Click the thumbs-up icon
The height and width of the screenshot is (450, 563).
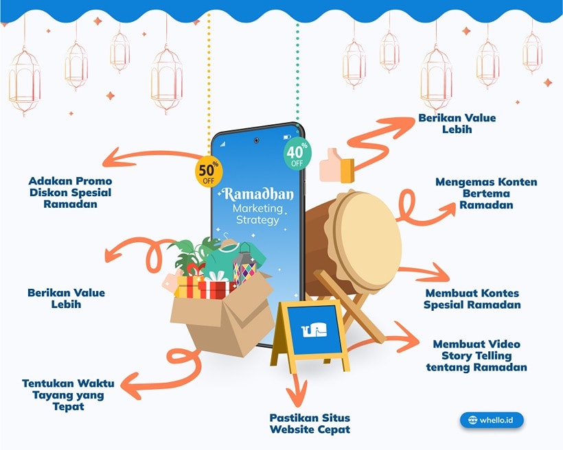336,165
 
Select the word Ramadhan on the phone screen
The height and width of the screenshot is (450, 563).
258,195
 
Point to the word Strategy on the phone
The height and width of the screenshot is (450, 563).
256,220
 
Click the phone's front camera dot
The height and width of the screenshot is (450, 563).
256,140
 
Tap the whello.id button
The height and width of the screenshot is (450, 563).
496,419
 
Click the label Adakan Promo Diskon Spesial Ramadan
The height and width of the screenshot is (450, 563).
70,193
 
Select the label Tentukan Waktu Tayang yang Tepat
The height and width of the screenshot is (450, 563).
68,394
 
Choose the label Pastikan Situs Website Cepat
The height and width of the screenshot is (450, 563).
310,423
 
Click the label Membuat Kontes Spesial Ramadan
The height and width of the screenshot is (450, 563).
472,299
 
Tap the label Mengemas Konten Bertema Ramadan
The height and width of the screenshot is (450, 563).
486,193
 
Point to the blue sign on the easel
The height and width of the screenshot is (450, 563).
314,331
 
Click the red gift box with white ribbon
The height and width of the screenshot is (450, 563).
214,287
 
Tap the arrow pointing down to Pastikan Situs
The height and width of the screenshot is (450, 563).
297,391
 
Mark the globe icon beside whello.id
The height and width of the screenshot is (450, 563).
472,420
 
